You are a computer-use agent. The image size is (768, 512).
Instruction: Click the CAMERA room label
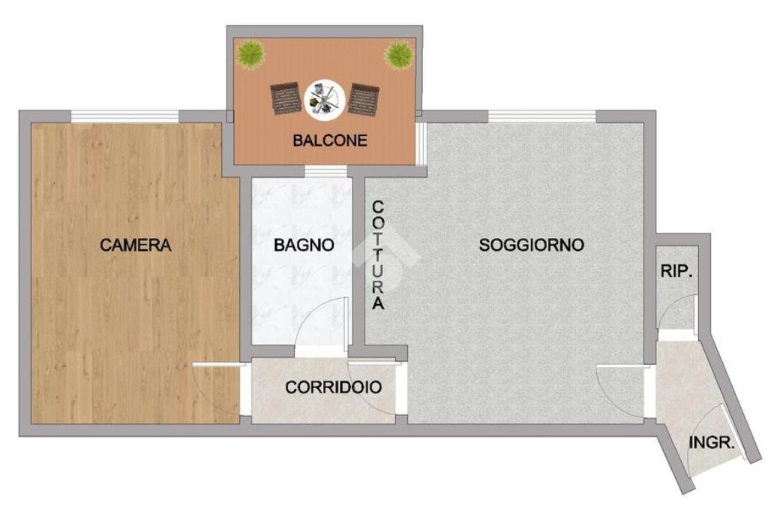[136, 245]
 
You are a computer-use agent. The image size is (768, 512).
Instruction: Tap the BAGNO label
[304, 245]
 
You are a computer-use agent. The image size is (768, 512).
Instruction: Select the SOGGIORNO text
[532, 245]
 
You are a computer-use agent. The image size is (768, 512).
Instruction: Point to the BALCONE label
[330, 140]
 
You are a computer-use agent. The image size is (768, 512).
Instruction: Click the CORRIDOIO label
[333, 387]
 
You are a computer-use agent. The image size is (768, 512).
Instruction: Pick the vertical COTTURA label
[378, 255]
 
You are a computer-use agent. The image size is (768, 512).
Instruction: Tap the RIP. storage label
[677, 271]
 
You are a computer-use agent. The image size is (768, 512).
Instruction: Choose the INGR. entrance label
[712, 443]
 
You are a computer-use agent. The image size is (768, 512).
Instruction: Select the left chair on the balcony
[286, 99]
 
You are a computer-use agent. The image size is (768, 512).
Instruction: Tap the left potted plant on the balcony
[250, 54]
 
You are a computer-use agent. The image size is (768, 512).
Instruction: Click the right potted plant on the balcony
[397, 55]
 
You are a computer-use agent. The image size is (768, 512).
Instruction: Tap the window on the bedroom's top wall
[125, 116]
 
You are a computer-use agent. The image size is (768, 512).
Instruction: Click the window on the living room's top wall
[542, 116]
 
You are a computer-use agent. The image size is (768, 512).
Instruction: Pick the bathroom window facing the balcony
[325, 171]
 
